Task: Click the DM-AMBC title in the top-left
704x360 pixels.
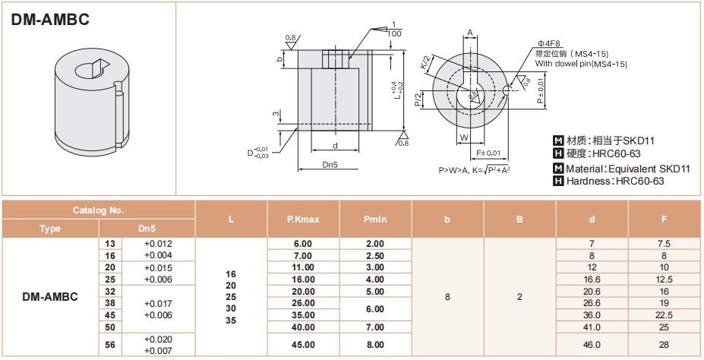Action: point(50,19)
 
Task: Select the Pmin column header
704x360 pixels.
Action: point(375,219)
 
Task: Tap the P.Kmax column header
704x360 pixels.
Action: point(303,219)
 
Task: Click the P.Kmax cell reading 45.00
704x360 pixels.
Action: point(303,345)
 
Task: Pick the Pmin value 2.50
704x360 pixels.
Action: point(375,256)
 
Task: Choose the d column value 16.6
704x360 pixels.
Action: point(592,279)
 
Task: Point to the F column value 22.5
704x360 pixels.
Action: point(664,315)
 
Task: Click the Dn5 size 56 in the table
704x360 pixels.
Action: point(110,345)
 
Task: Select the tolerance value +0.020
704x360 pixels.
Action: point(158,339)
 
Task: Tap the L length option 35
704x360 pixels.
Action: point(231,321)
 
